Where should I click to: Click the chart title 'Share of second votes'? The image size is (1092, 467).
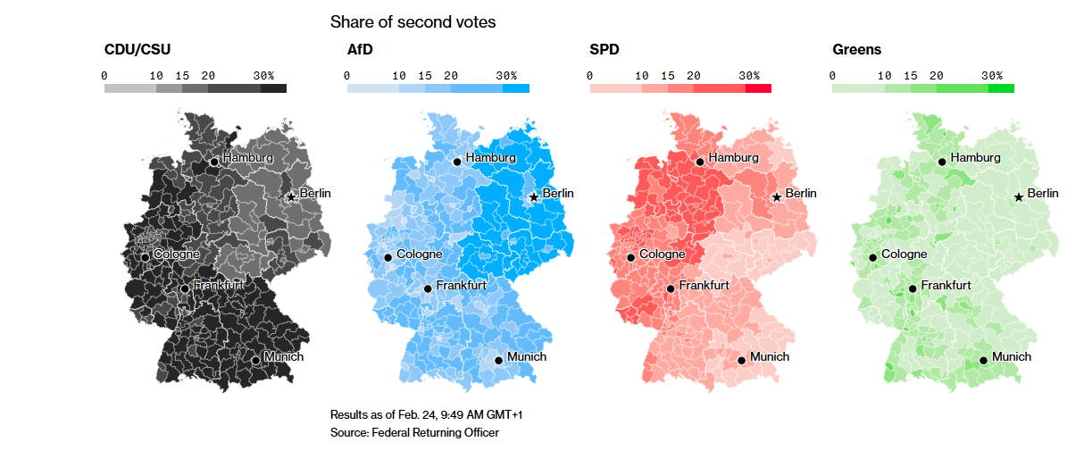click(x=413, y=21)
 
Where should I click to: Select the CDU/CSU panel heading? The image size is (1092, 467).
click(x=138, y=50)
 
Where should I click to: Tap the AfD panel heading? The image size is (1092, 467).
click(x=360, y=50)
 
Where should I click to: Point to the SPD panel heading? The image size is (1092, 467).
click(x=604, y=50)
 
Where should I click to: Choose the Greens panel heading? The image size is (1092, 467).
click(x=856, y=50)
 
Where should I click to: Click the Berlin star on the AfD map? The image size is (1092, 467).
click(x=533, y=197)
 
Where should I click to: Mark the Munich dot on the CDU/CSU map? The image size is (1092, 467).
click(x=255, y=361)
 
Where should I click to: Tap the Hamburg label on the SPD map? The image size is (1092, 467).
click(x=733, y=158)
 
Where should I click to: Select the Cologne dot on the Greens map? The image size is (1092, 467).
click(x=872, y=258)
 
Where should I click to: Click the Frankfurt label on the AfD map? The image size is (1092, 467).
click(x=461, y=286)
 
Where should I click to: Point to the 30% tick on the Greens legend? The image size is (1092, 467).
click(x=993, y=76)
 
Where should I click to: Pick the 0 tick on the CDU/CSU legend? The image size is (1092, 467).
click(x=104, y=76)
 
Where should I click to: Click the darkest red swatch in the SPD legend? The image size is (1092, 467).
click(x=758, y=88)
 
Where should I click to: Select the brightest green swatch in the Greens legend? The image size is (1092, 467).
click(x=1001, y=88)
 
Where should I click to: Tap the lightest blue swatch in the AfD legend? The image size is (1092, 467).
click(x=372, y=88)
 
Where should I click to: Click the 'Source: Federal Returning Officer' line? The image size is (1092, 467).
click(x=414, y=433)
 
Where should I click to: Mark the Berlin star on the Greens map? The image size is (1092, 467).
click(x=1019, y=197)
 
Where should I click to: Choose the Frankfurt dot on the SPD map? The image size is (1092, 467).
click(x=671, y=288)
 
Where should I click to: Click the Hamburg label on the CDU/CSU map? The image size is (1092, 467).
click(x=247, y=158)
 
